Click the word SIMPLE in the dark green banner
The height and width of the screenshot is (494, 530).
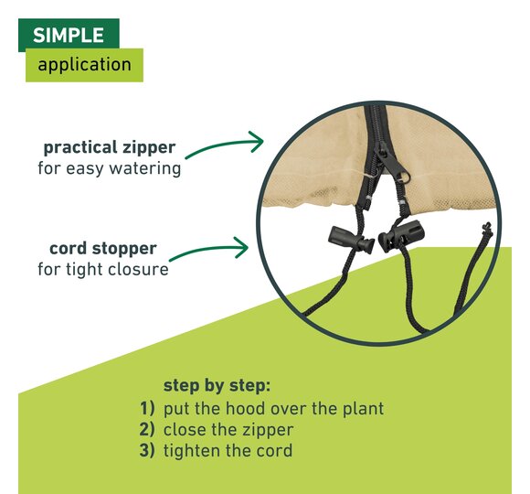(69, 35)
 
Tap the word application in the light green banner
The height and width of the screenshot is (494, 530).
(84, 64)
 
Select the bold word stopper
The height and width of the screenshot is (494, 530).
(124, 249)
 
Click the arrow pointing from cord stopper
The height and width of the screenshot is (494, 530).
(209, 250)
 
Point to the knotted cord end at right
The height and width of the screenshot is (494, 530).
(487, 229)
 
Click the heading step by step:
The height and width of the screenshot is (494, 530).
(217, 386)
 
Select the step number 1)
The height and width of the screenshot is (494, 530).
(147, 408)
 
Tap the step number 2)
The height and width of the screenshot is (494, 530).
(147, 429)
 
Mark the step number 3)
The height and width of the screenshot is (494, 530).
(147, 450)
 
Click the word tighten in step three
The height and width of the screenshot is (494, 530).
(192, 452)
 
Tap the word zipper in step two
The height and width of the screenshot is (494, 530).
(268, 431)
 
